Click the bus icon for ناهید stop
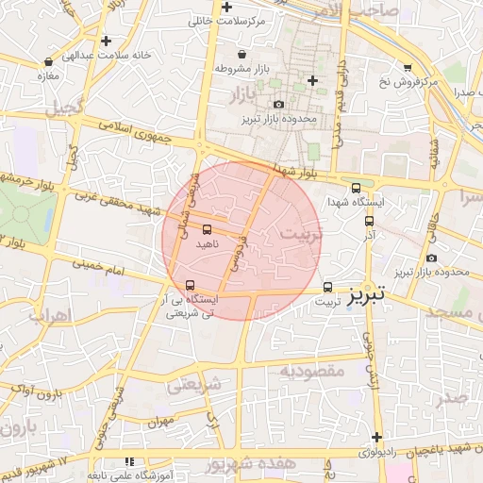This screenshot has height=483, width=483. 207,228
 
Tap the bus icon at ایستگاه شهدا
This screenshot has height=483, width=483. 356,187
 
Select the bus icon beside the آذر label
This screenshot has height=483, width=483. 370,221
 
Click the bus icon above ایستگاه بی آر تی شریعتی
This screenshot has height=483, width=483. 191,285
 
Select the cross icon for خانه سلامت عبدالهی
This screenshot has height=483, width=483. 107,41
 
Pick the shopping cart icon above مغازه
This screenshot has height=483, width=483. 43,60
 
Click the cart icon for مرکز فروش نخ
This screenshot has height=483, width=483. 408,67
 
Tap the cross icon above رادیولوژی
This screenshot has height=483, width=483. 376,437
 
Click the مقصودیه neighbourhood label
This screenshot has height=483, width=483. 312,372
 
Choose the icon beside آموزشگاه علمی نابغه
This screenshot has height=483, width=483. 128,461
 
